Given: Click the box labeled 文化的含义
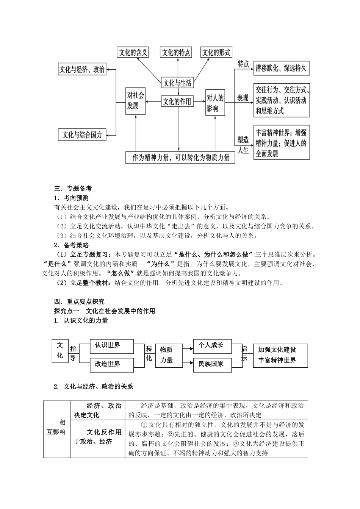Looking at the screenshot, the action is pyautogui.click(x=133, y=52).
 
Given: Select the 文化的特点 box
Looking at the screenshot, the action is pyautogui.click(x=176, y=52).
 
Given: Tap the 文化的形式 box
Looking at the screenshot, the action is pyautogui.click(x=216, y=52).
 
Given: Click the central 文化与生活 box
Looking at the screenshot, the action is pyautogui.click(x=177, y=82).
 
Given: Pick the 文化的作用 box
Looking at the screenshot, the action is pyautogui.click(x=177, y=101).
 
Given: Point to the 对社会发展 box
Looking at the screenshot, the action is pyautogui.click(x=136, y=101).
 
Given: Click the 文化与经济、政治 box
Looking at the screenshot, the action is pyautogui.click(x=82, y=69).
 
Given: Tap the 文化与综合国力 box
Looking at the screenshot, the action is pyautogui.click(x=82, y=135).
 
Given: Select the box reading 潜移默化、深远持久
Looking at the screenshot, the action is pyautogui.click(x=281, y=69).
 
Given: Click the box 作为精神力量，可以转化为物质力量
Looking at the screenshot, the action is pyautogui.click(x=180, y=158).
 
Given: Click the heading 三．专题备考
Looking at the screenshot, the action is pyautogui.click(x=73, y=189).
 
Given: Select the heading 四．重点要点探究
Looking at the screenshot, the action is pyautogui.click(x=79, y=301).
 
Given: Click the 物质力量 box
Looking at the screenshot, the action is pyautogui.click(x=166, y=355).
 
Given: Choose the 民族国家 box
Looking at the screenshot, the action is pyautogui.click(x=212, y=364).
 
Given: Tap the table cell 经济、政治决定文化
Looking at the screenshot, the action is pyautogui.click(x=97, y=410).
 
